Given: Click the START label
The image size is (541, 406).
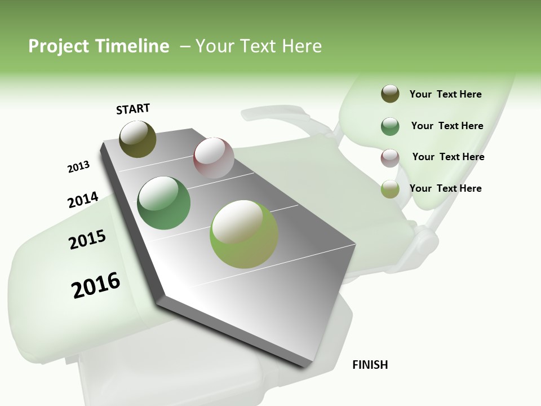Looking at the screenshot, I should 133,109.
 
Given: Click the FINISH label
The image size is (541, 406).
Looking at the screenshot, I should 370,365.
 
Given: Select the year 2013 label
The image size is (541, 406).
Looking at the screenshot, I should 78,167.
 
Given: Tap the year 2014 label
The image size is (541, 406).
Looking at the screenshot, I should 83,200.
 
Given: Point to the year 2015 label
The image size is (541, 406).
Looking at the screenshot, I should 87,240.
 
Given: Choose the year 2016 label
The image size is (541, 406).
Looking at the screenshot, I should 96,285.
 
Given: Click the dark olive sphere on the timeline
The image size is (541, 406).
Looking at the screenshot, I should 138,139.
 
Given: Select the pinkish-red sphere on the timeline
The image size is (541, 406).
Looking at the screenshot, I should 214,158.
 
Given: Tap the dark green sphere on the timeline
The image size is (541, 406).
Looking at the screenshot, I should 163,203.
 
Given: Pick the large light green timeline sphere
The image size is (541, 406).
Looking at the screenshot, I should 244,234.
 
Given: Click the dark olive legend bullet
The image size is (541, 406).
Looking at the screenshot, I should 390,94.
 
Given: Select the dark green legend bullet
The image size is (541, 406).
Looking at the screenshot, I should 390,126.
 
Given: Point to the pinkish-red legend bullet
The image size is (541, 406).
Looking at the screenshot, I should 390,158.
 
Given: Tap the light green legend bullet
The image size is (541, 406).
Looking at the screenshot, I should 390,189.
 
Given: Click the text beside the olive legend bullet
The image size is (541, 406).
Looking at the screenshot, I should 445,94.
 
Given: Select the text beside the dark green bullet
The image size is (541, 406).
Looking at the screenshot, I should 447,126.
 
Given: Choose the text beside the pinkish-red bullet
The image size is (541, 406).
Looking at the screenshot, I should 448,157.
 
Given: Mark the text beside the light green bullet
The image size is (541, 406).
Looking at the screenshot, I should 445,188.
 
